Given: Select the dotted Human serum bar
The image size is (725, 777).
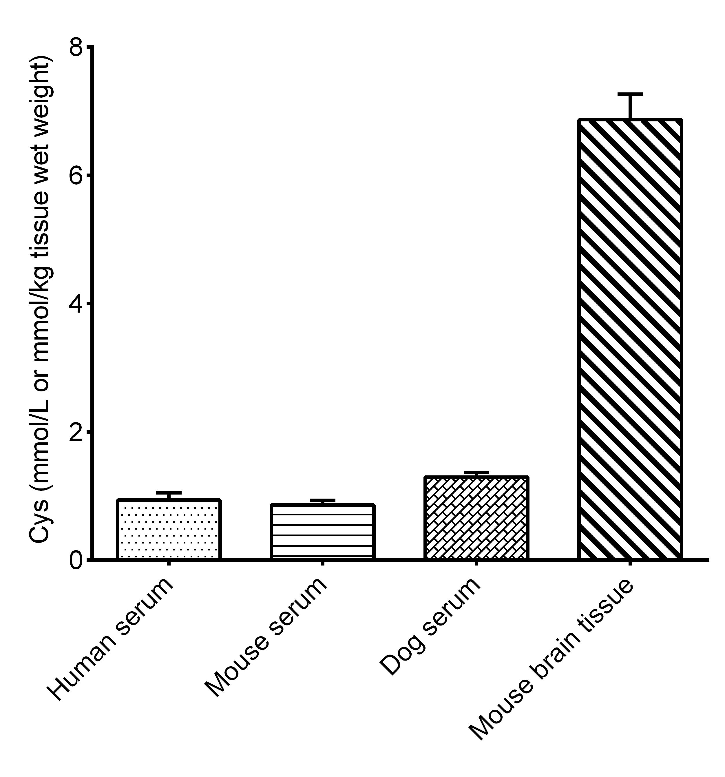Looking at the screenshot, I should (x=169, y=530).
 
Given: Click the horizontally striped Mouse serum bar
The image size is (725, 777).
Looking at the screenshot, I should (x=322, y=532).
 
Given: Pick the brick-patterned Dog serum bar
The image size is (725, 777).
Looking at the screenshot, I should (x=476, y=518).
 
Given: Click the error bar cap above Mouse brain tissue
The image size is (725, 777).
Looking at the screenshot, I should (x=630, y=94).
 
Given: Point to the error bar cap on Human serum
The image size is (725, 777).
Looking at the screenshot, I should (x=169, y=493).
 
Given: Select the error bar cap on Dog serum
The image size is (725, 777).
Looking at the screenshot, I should (x=476, y=472).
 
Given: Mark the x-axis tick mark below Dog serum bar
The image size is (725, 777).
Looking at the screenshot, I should (x=476, y=564).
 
